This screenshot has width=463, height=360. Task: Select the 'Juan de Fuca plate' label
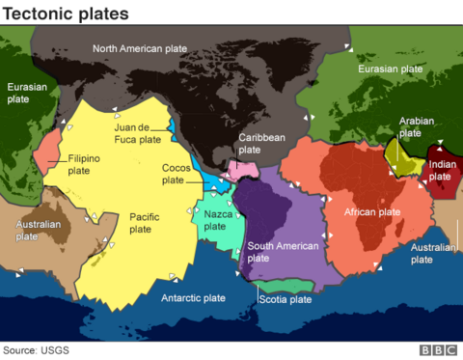click(137, 132)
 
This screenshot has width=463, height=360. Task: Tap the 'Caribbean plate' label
click(262, 144)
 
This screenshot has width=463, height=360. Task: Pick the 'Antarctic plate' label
click(193, 298)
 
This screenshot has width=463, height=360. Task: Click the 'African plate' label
click(372, 211)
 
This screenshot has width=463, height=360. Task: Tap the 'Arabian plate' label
click(412, 127)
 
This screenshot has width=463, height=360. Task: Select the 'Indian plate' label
click(440, 170)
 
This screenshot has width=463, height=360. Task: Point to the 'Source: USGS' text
click(37, 349)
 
